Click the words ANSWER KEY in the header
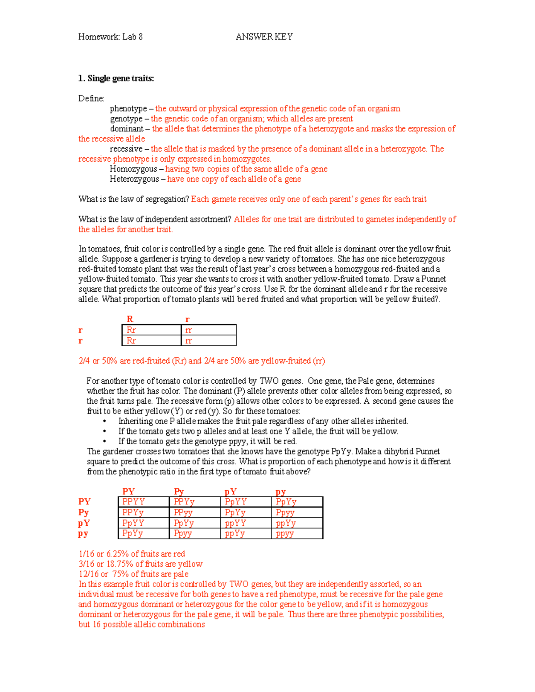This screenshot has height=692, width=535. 264,37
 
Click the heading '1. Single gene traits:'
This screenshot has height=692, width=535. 116,78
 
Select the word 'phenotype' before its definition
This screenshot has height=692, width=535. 128,109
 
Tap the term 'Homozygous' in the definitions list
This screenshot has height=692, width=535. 133,169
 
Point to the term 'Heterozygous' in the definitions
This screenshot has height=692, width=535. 134,179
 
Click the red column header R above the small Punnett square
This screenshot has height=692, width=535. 130,319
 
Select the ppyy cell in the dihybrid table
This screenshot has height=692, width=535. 285,533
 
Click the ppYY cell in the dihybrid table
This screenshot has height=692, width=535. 235,523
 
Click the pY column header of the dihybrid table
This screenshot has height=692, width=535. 230,491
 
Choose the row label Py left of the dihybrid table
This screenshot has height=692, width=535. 83,512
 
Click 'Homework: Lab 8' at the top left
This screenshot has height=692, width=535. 110,37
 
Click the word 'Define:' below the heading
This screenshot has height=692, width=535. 91,98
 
